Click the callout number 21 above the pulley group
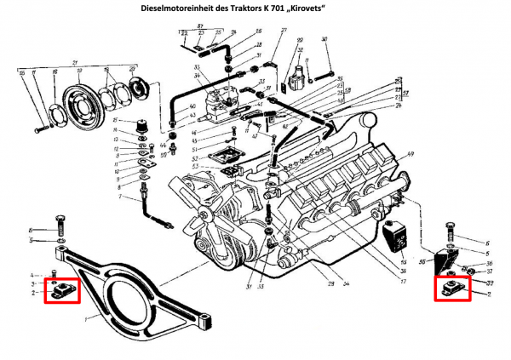(75, 64)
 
